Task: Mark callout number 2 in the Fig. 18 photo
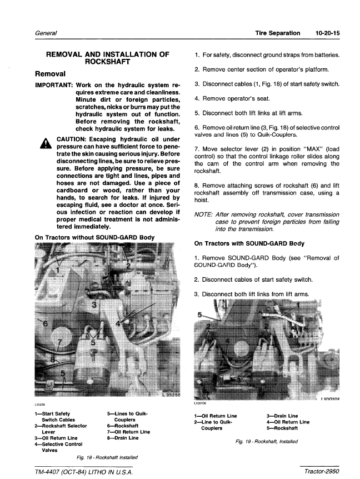128,266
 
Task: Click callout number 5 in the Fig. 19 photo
200,315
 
